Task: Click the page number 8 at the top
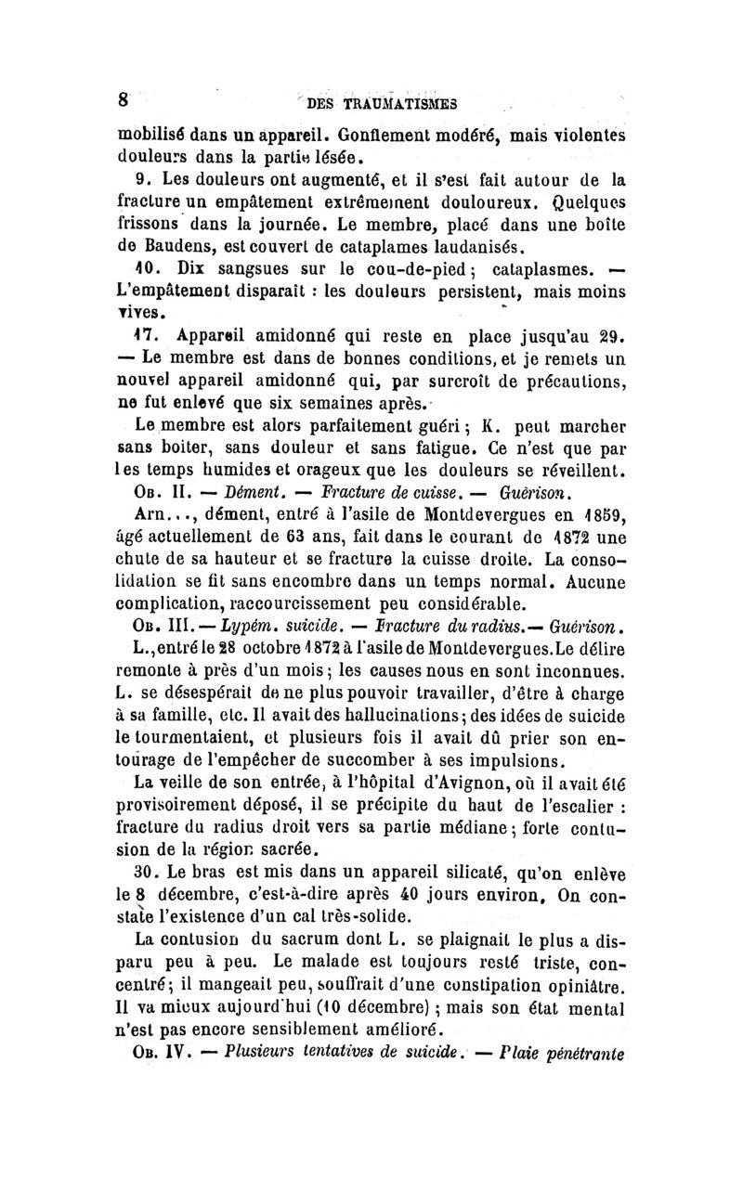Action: (122, 98)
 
